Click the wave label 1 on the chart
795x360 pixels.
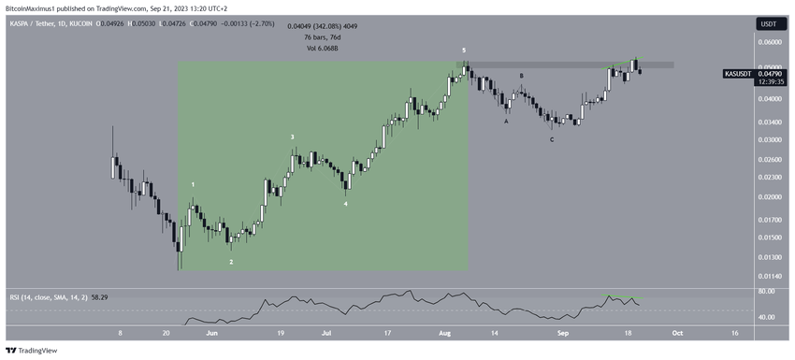click(x=194, y=185)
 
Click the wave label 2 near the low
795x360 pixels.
click(x=232, y=263)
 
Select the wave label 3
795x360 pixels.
click(x=293, y=137)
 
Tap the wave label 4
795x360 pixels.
click(x=346, y=203)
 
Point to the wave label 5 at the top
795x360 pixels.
click(x=464, y=49)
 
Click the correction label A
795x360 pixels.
click(x=506, y=121)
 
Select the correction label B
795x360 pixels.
click(x=522, y=76)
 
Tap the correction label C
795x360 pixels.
click(x=552, y=140)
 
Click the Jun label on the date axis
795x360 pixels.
click(x=212, y=332)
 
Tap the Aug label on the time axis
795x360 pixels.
click(x=444, y=332)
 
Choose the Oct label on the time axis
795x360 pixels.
click(x=677, y=332)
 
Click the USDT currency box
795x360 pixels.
click(x=767, y=23)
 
